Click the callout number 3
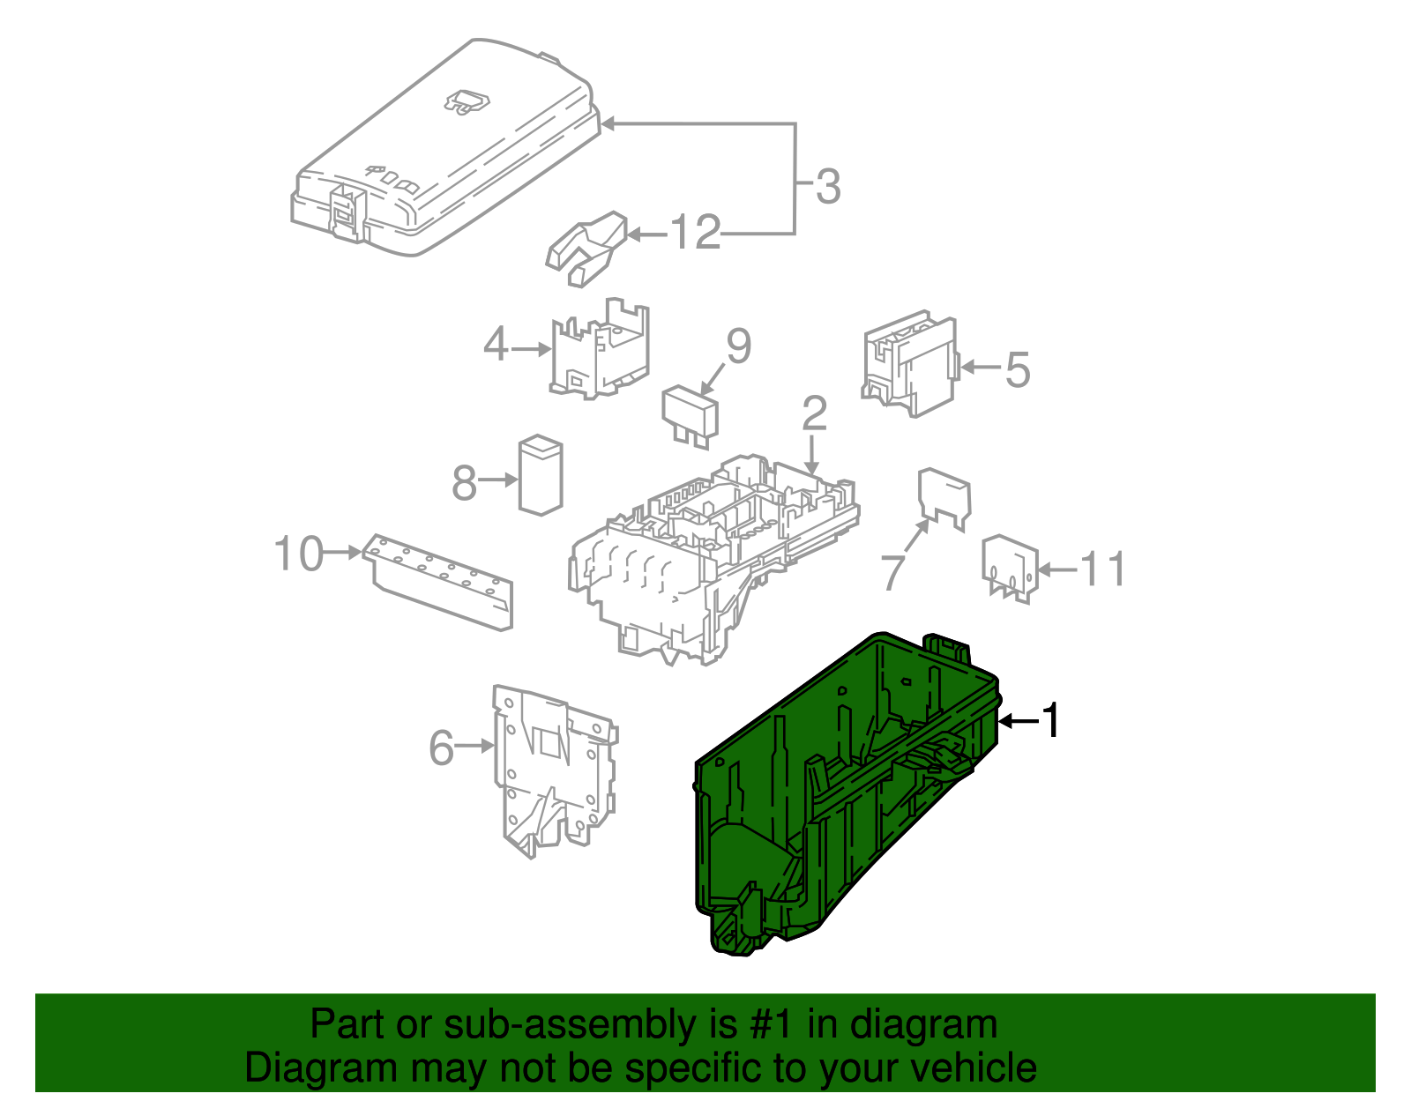click(827, 187)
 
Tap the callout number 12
click(695, 234)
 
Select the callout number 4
click(496, 345)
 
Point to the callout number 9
click(738, 346)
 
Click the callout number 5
click(1017, 369)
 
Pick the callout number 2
click(814, 413)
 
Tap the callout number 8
click(464, 483)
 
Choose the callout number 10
click(299, 554)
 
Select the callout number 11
click(1103, 569)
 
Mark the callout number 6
click(441, 748)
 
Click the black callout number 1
click(1049, 721)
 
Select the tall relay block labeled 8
click(540, 474)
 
